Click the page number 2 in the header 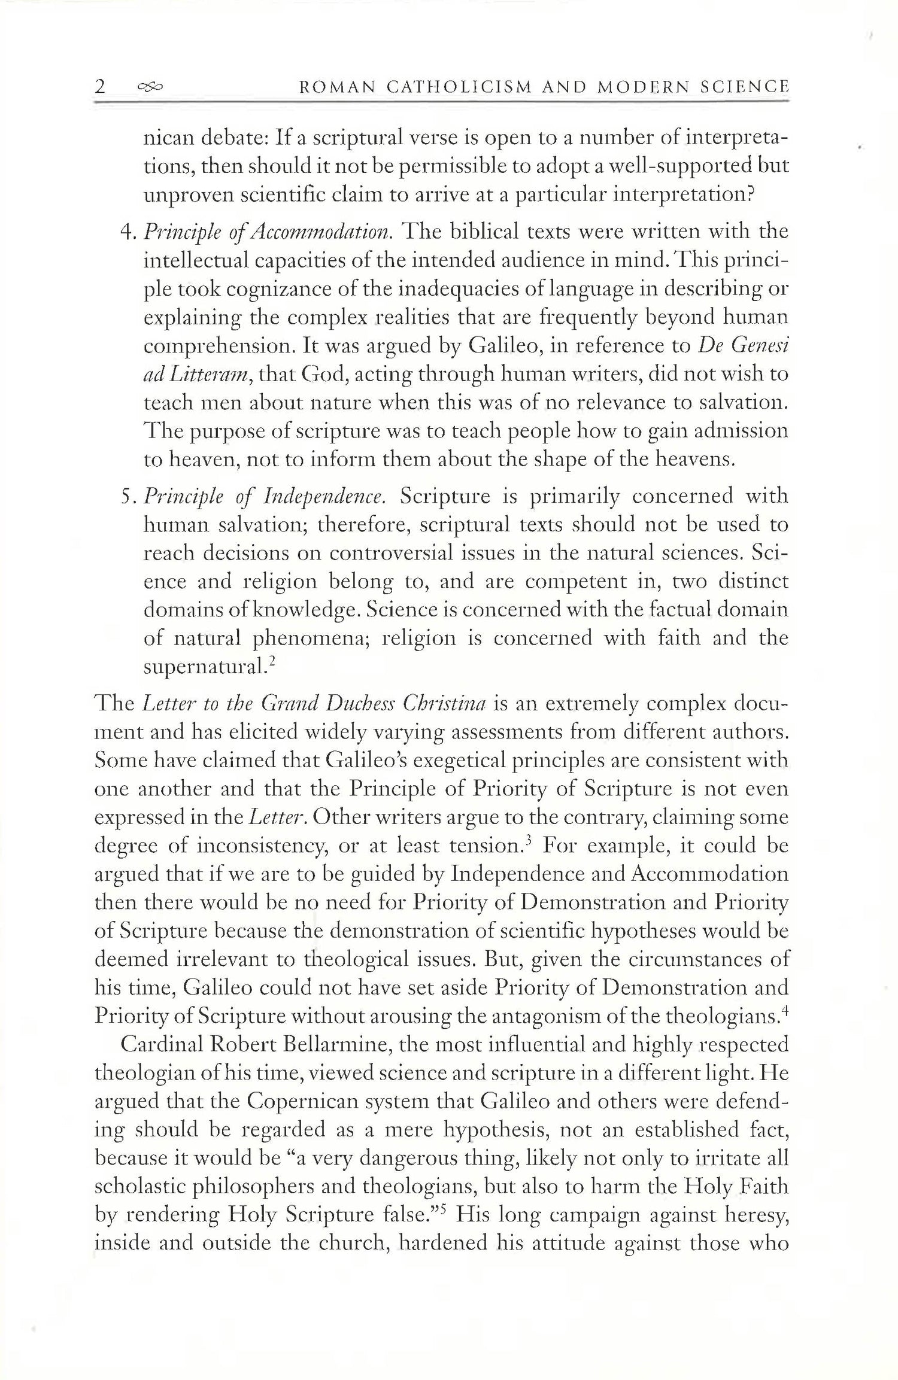click(x=101, y=87)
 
